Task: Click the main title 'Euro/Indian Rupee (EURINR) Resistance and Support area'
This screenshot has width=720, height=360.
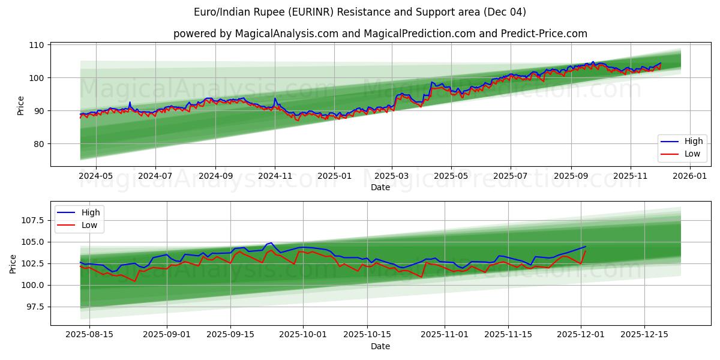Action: [360, 12]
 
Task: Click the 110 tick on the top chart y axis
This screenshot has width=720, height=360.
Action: [37, 45]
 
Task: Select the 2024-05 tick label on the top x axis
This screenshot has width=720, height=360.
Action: [96, 176]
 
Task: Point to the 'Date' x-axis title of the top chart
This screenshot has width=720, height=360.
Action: [380, 187]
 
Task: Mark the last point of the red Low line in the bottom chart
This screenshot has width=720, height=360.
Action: [585, 251]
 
